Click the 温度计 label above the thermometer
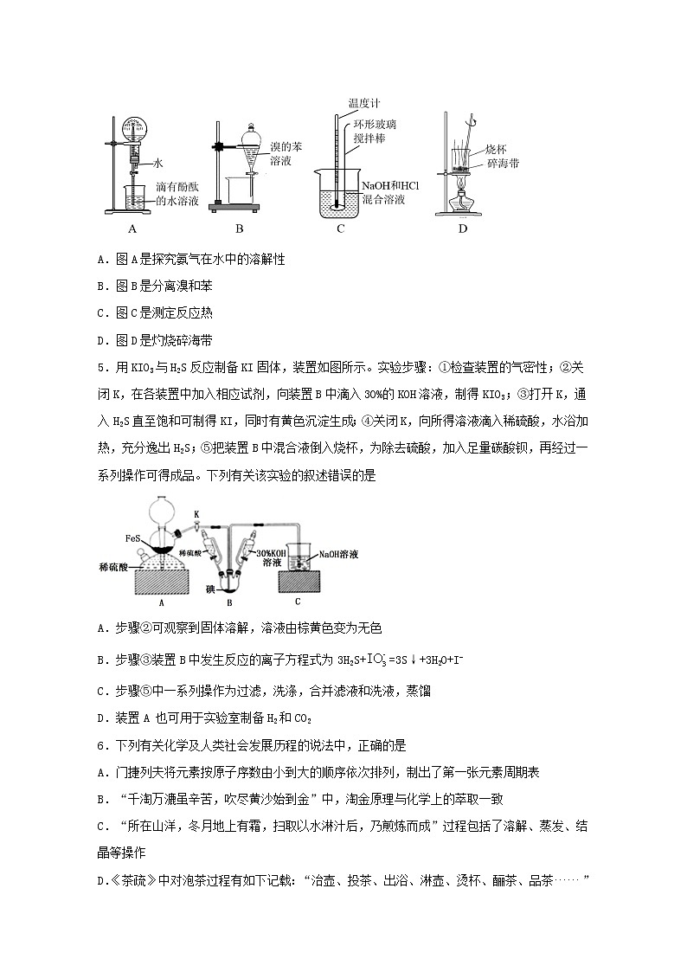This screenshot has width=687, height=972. coord(363,103)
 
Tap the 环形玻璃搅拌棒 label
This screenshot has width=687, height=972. coord(375,132)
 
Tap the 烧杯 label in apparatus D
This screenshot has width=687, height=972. coord(496,149)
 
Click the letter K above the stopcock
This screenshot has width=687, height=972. coord(197,514)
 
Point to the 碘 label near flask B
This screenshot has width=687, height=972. coord(209,589)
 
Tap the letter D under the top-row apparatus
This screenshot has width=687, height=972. coord(463,229)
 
